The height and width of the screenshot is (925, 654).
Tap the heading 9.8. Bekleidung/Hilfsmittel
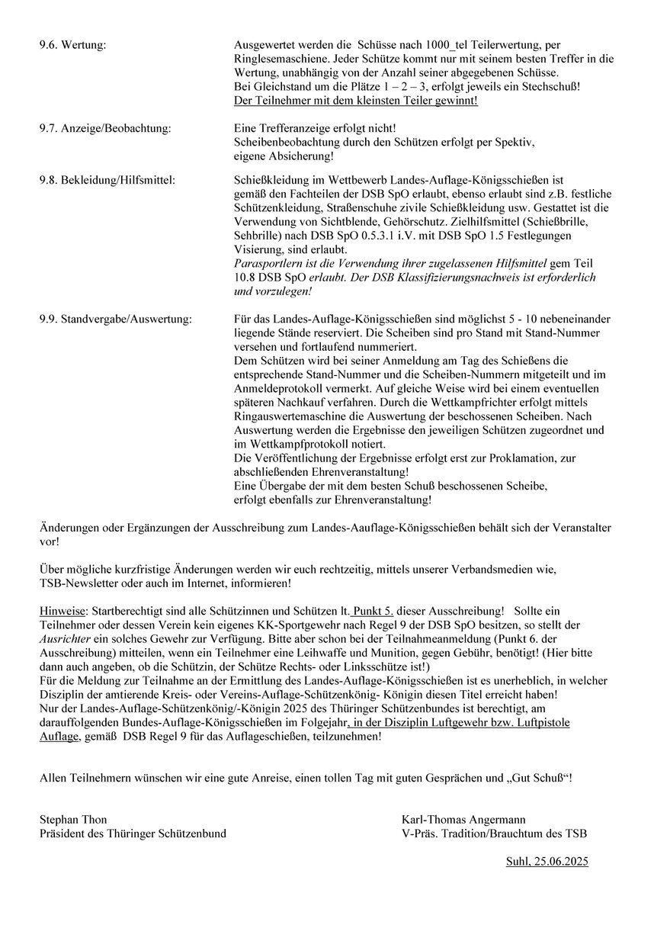tap(107, 181)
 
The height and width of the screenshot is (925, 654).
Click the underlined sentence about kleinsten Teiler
tap(356, 101)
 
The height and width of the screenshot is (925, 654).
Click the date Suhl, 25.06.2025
tap(547, 862)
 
